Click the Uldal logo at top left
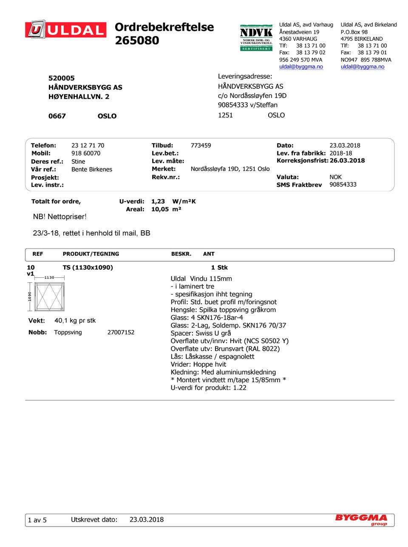(66, 30)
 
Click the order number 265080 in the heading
(137, 41)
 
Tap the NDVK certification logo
(256, 37)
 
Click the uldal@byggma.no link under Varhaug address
(301, 67)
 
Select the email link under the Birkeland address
(362, 67)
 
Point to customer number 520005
(61, 78)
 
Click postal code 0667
(57, 116)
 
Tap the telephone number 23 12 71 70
(88, 145)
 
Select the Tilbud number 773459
(201, 145)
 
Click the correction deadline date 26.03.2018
(347, 161)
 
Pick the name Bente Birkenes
(92, 169)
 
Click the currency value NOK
(335, 177)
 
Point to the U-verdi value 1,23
(158, 201)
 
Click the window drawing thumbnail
(50, 297)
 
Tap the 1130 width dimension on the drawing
(49, 277)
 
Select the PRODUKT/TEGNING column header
(91, 254)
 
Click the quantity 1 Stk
(219, 268)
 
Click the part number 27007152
(121, 332)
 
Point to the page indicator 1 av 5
(37, 520)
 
